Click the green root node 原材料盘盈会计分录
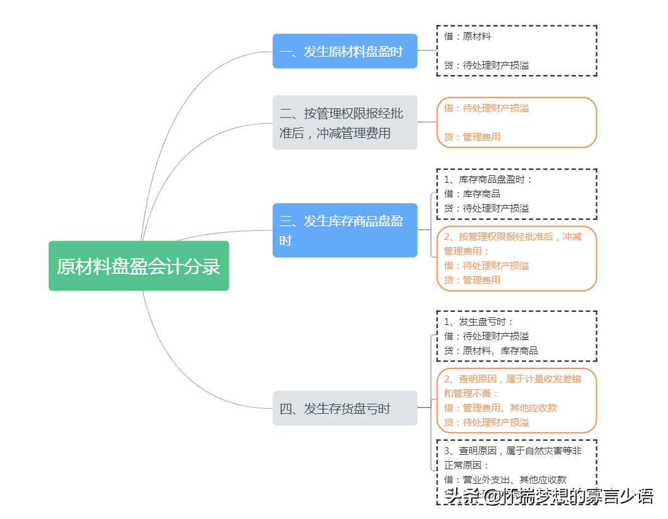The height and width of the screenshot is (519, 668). tap(139, 266)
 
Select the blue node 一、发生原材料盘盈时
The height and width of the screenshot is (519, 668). tap(345, 51)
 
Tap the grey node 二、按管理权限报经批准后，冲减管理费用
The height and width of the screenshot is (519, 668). tap(345, 123)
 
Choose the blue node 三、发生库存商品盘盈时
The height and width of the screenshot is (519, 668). tap(345, 230)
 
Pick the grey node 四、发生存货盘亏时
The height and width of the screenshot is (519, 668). tap(345, 408)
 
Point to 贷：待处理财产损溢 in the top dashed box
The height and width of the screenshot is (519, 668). tap(487, 66)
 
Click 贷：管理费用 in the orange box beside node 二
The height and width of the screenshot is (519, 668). tap(472, 137)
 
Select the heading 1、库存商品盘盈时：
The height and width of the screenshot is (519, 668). tap(488, 180)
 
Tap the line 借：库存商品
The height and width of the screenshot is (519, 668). tap(472, 194)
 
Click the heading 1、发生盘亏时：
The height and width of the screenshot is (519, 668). tap(479, 322)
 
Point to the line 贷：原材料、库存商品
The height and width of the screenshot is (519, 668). tap(491, 350)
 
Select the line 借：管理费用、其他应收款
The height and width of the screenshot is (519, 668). tap(500, 408)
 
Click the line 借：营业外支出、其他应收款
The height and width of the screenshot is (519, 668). tap(505, 480)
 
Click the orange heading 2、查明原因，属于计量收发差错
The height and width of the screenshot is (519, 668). tap(512, 379)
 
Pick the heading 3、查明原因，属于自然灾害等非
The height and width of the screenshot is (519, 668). tap(512, 451)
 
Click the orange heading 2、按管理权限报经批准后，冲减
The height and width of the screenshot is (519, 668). tap(512, 237)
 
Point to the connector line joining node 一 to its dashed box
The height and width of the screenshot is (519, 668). tap(427, 50)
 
